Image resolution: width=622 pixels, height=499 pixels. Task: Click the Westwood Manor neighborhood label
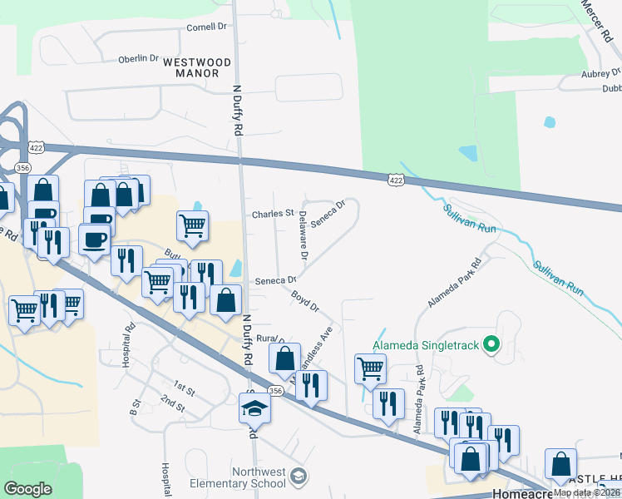tap(196, 67)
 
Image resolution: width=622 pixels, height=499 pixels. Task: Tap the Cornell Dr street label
tap(207, 27)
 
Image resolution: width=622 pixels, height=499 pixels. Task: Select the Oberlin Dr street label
tap(138, 58)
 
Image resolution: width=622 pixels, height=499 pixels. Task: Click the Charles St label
tap(274, 214)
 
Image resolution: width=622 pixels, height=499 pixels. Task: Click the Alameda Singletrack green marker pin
tap(491, 343)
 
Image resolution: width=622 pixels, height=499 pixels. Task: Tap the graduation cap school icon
tap(255, 408)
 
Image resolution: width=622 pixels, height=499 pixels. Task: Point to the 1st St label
tap(184, 388)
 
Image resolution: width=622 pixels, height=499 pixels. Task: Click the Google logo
tap(27, 489)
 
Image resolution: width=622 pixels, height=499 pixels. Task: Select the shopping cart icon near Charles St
tap(192, 224)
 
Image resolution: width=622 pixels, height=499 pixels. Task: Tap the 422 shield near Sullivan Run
tap(396, 180)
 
